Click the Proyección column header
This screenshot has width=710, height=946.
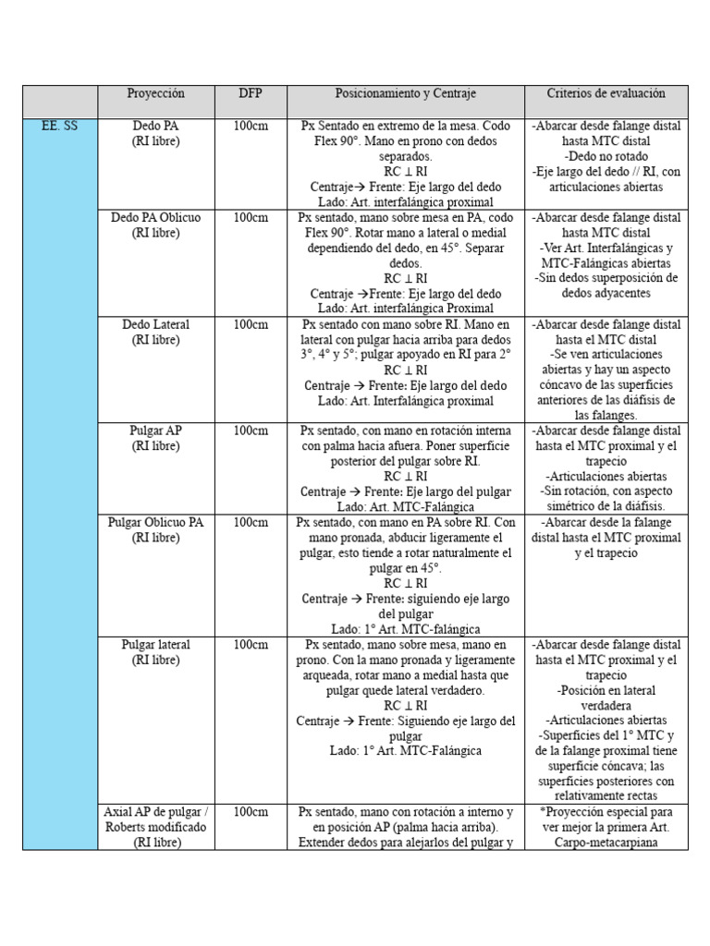pyautogui.click(x=155, y=94)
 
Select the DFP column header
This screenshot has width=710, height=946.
pyautogui.click(x=250, y=94)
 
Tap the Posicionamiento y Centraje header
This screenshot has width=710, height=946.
pyautogui.click(x=406, y=94)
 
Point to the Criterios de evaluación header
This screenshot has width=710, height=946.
pyautogui.click(x=606, y=94)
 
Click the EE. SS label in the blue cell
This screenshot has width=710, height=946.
pyautogui.click(x=60, y=127)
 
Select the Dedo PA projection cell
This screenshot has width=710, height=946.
pyautogui.click(x=155, y=134)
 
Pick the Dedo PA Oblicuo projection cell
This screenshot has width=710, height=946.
pyautogui.click(x=155, y=225)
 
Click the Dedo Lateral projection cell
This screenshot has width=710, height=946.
pyautogui.click(x=155, y=333)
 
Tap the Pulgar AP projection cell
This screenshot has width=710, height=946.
pyautogui.click(x=155, y=438)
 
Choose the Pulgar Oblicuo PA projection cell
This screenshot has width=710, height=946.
pyautogui.click(x=155, y=529)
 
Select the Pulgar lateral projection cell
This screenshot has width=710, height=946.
pyautogui.click(x=155, y=652)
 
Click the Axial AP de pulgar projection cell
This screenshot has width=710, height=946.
pyautogui.click(x=155, y=827)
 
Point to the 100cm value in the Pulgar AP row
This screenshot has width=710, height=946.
pyautogui.click(x=250, y=431)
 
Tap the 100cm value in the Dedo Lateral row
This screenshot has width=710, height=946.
pyautogui.click(x=250, y=325)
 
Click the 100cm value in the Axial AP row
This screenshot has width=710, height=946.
pyautogui.click(x=250, y=812)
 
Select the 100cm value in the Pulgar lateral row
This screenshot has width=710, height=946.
pyautogui.click(x=250, y=645)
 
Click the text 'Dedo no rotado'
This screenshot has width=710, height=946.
pyautogui.click(x=606, y=156)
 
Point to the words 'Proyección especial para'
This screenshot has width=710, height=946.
pyautogui.click(x=606, y=812)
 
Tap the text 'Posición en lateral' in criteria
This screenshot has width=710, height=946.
pyautogui.click(x=606, y=690)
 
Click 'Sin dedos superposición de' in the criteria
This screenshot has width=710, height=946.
pyautogui.click(x=606, y=278)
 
